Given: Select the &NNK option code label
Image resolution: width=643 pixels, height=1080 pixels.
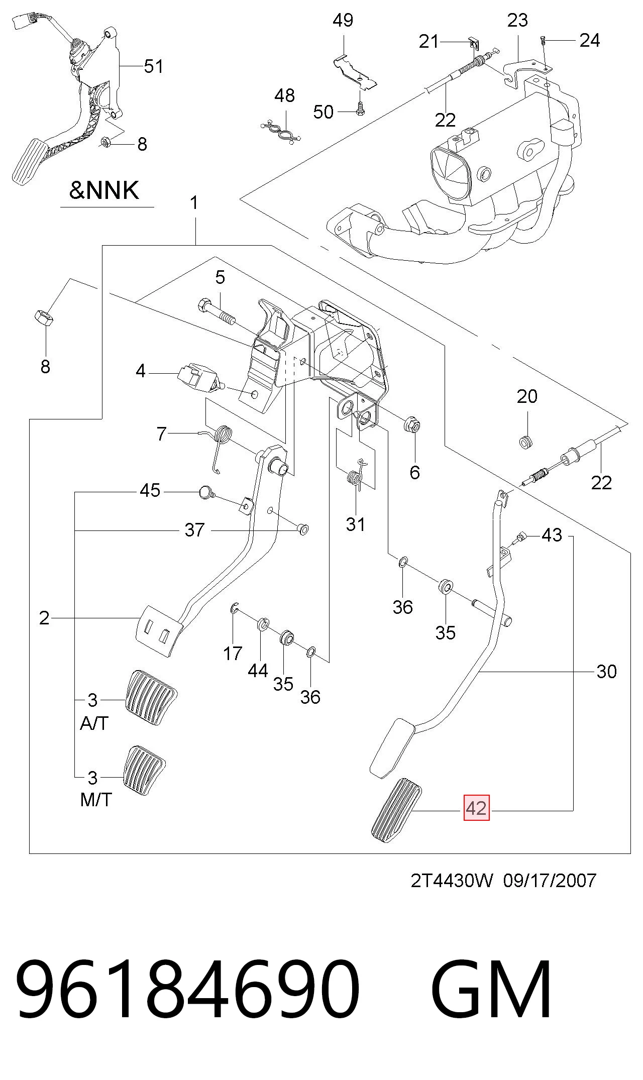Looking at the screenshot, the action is coord(104,190).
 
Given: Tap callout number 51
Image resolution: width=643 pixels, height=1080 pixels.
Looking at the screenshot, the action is coord(154,66).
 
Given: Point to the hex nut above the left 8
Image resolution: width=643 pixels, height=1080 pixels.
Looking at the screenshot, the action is coord(44,317).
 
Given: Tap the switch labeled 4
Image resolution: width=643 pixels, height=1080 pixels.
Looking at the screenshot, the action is coord(199,377).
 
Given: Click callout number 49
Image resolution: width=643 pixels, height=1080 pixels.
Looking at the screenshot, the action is coord(343,20).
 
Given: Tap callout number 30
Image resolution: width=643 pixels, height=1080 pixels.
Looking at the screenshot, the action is coord(606,671).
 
